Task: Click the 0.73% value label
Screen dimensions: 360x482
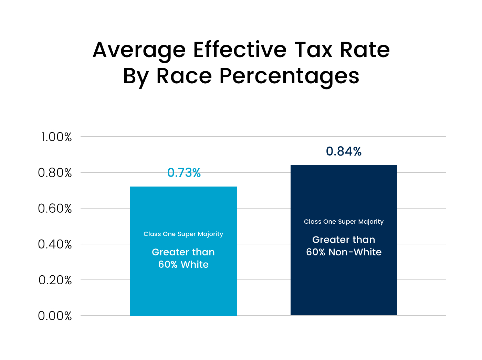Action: [184, 173]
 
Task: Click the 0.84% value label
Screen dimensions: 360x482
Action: [344, 151]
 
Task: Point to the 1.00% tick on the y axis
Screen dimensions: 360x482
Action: [56, 137]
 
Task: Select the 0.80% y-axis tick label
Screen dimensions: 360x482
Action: [55, 173]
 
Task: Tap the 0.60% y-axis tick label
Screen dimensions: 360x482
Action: [55, 209]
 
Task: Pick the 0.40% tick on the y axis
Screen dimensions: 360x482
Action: [55, 244]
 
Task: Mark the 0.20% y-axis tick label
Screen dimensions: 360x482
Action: [55, 280]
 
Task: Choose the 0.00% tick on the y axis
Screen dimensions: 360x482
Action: [55, 316]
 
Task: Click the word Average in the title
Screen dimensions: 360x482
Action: [139, 50]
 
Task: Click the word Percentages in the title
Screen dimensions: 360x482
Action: [289, 76]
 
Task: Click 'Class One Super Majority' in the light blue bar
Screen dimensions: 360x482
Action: [183, 234]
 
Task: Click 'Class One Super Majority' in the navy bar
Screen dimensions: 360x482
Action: [344, 222]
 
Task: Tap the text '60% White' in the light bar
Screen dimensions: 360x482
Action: [183, 264]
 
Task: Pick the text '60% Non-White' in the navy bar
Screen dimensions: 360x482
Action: [344, 252]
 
